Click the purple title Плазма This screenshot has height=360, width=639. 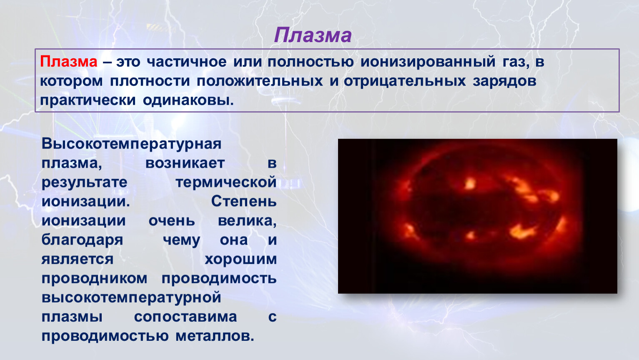click(313, 35)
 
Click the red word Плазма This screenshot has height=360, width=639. click(68, 61)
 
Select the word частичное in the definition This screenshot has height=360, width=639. click(187, 62)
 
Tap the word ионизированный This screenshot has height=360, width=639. click(428, 62)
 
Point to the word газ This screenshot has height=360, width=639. click(516, 62)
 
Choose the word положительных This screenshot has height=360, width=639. click(260, 81)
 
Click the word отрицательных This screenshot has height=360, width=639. click(405, 81)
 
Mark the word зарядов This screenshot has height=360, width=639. click(505, 81)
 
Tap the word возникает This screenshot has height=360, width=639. click(185, 163)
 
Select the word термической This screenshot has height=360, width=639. click(226, 182)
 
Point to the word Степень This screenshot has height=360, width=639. click(244, 201)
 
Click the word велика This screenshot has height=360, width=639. click(247, 221)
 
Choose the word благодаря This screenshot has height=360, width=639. click(82, 240)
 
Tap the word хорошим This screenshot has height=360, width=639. click(241, 260)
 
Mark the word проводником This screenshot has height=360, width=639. click(95, 279)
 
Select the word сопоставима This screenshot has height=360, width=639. click(185, 317)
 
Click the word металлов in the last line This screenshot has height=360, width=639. click(215, 336)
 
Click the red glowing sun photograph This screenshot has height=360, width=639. click(478, 216)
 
